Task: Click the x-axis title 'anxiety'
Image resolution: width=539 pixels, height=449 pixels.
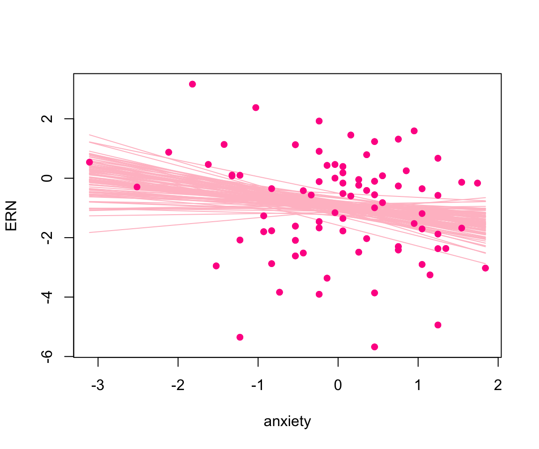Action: pos(287,422)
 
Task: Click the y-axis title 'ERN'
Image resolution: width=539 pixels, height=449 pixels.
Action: pos(11,215)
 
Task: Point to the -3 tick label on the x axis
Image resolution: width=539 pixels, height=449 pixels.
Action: pos(98,386)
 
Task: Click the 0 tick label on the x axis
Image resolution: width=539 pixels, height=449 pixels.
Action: pos(338,386)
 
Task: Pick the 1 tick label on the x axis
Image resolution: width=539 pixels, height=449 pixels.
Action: pos(418,386)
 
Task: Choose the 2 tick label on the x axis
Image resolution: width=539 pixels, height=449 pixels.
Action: pos(498,386)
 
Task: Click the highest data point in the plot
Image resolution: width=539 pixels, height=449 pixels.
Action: pos(192,84)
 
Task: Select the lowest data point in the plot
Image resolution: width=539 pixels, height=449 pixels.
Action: pos(374,347)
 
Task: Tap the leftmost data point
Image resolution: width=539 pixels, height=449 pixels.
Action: pos(89,162)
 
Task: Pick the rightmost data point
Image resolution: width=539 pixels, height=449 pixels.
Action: pos(485,268)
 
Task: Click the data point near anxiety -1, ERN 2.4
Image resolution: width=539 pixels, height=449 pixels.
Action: pos(255,108)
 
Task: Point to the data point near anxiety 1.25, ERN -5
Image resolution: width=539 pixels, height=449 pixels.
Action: pos(438,325)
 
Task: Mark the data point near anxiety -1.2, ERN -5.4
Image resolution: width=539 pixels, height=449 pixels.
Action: pos(240,337)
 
